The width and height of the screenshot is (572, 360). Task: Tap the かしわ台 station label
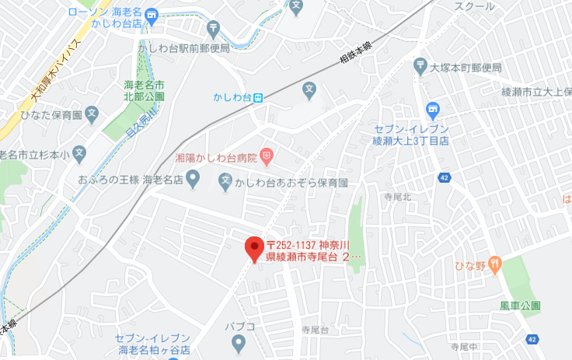click(232, 97)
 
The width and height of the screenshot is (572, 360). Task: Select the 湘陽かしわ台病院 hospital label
click(216, 157)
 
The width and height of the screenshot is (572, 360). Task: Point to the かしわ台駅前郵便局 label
click(183, 48)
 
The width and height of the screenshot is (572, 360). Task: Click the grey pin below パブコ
click(239, 342)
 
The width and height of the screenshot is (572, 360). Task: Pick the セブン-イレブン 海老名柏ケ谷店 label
click(152, 343)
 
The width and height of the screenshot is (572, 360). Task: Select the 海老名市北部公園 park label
click(145, 90)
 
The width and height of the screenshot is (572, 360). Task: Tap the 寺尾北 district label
click(397, 198)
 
